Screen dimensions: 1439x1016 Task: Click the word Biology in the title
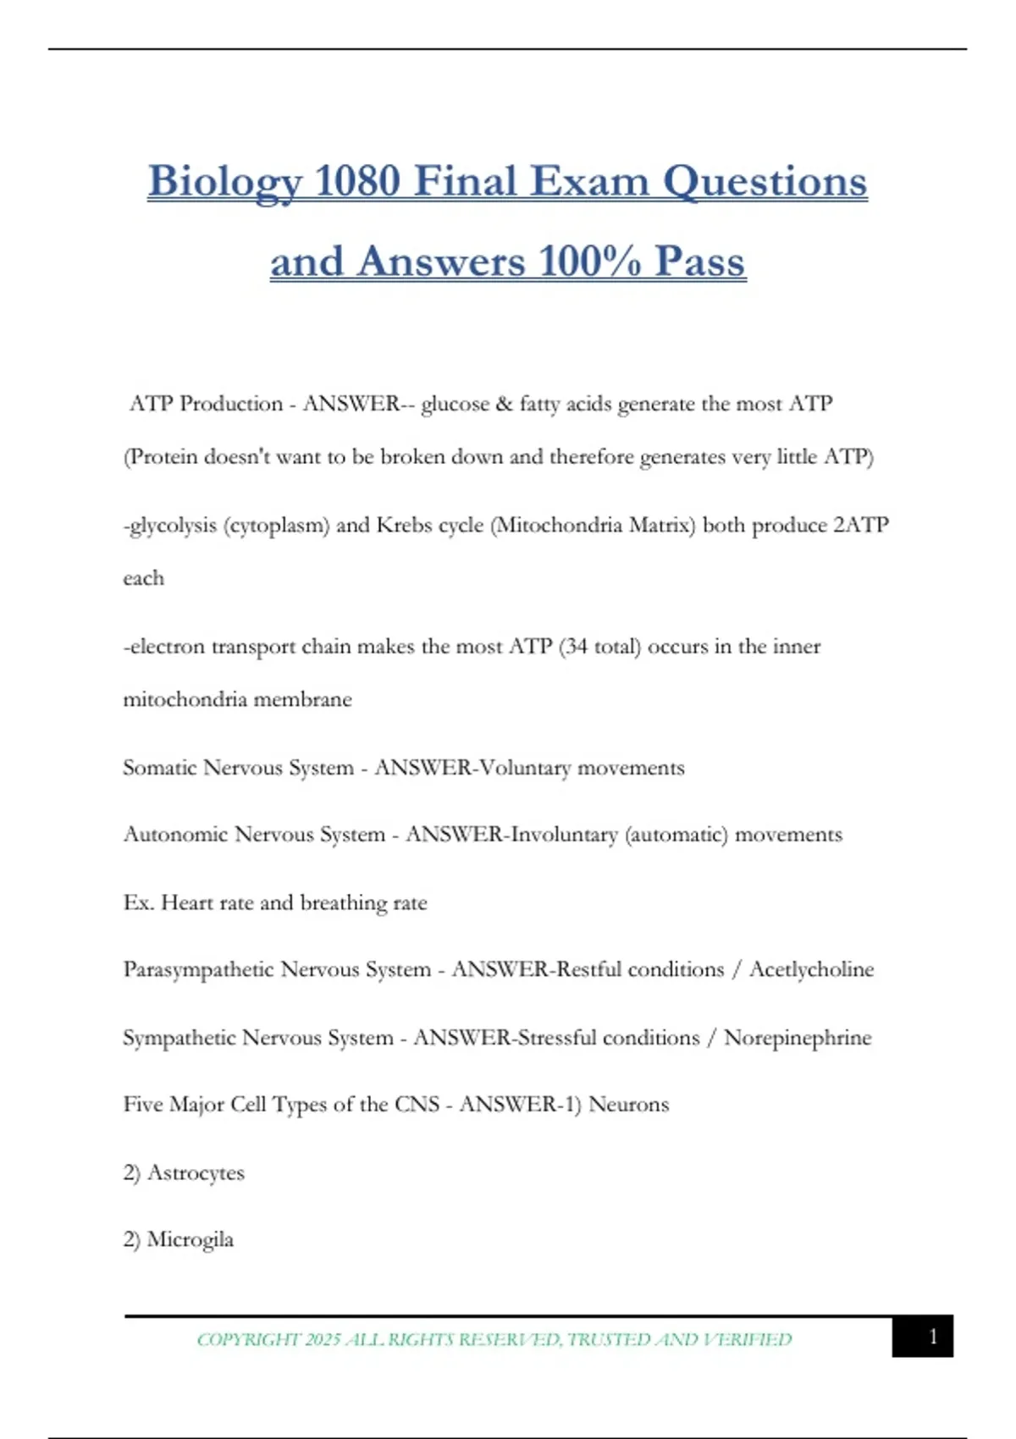(225, 183)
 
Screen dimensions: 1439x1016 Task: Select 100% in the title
(589, 262)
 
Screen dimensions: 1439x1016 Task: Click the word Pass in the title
(700, 262)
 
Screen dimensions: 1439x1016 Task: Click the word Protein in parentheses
(161, 457)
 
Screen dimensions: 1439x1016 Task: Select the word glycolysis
(174, 526)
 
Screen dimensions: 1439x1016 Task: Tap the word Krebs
(405, 525)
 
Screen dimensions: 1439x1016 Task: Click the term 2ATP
(861, 525)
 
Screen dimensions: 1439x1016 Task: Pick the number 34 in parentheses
(576, 647)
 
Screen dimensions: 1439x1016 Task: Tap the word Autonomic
(175, 835)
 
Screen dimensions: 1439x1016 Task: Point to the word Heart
(187, 902)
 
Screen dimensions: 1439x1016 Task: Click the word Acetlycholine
(811, 969)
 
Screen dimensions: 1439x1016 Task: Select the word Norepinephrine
(798, 1038)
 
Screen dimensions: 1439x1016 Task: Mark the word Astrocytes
(196, 1172)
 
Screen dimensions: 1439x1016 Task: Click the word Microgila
(190, 1239)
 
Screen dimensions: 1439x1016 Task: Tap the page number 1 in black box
(932, 1337)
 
